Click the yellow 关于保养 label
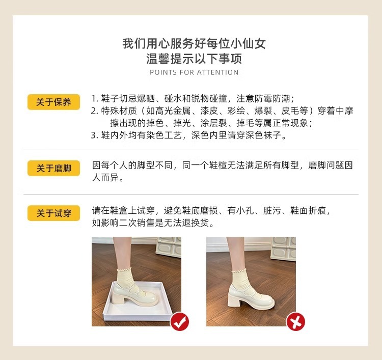53,102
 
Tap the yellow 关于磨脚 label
53,168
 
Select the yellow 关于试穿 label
53,213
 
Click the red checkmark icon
180,321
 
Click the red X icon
295,321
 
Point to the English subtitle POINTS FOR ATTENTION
194,72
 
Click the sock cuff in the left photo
124,270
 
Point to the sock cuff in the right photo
239,271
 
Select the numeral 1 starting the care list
94,99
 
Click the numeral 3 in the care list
94,135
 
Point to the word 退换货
196,223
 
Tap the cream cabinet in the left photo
169,247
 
